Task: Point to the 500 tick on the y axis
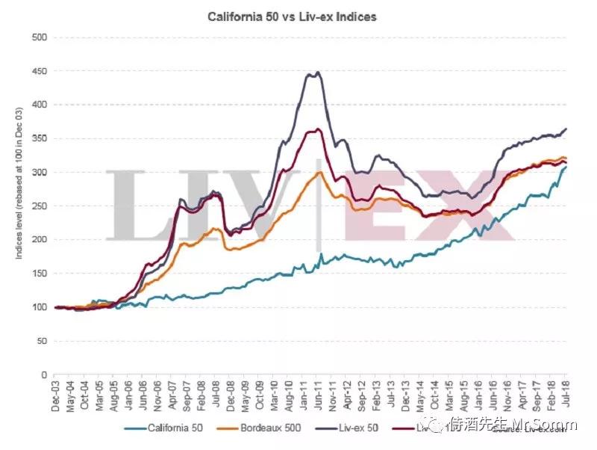tap(39, 37)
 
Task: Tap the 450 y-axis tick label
tap(39, 71)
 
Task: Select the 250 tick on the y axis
tap(39, 206)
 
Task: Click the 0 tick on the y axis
tap(44, 375)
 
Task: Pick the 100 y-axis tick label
tap(39, 307)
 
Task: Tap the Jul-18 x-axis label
tap(566, 395)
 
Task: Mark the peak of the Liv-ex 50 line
tap(319, 73)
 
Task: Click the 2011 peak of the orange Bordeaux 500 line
tap(319, 172)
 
